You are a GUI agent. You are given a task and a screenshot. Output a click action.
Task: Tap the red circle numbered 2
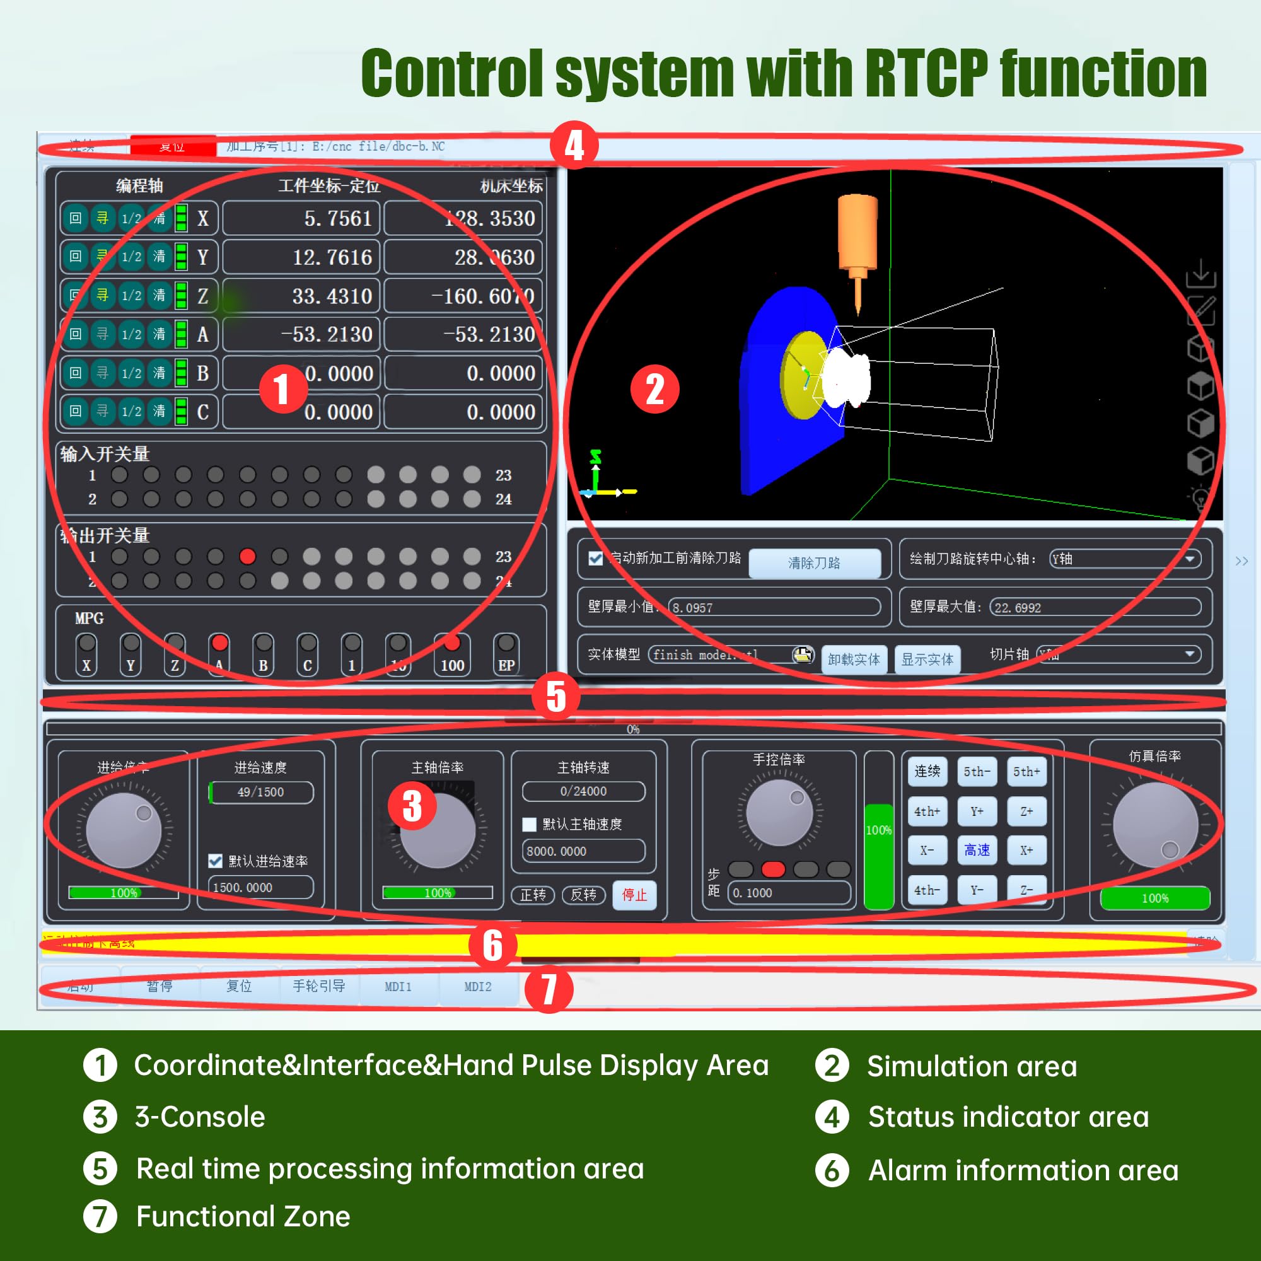pyautogui.click(x=654, y=389)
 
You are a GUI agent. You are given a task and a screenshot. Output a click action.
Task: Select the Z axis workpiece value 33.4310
pyautogui.click(x=301, y=296)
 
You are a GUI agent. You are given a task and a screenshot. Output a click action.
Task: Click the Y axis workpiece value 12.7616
pyautogui.click(x=301, y=257)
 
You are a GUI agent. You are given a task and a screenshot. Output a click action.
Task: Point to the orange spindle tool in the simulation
pyautogui.click(x=857, y=235)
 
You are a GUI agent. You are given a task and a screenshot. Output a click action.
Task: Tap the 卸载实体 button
pyautogui.click(x=854, y=660)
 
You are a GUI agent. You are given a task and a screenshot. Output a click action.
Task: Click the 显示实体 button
pyautogui.click(x=927, y=660)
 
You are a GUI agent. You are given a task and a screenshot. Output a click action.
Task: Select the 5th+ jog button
pyautogui.click(x=1026, y=772)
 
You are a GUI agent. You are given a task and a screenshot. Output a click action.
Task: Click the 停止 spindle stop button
pyautogui.click(x=634, y=894)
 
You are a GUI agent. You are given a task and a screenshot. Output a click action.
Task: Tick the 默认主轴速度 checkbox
pyautogui.click(x=530, y=824)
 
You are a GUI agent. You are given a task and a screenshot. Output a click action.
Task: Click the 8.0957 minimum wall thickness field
pyautogui.click(x=775, y=607)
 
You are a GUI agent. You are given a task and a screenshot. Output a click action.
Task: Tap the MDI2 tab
pyautogui.click(x=478, y=986)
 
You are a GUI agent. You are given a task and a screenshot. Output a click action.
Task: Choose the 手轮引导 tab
pyautogui.click(x=318, y=985)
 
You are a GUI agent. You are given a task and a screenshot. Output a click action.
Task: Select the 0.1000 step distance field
pyautogui.click(x=789, y=892)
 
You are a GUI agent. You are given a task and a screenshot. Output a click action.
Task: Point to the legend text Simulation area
pyautogui.click(x=971, y=1066)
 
